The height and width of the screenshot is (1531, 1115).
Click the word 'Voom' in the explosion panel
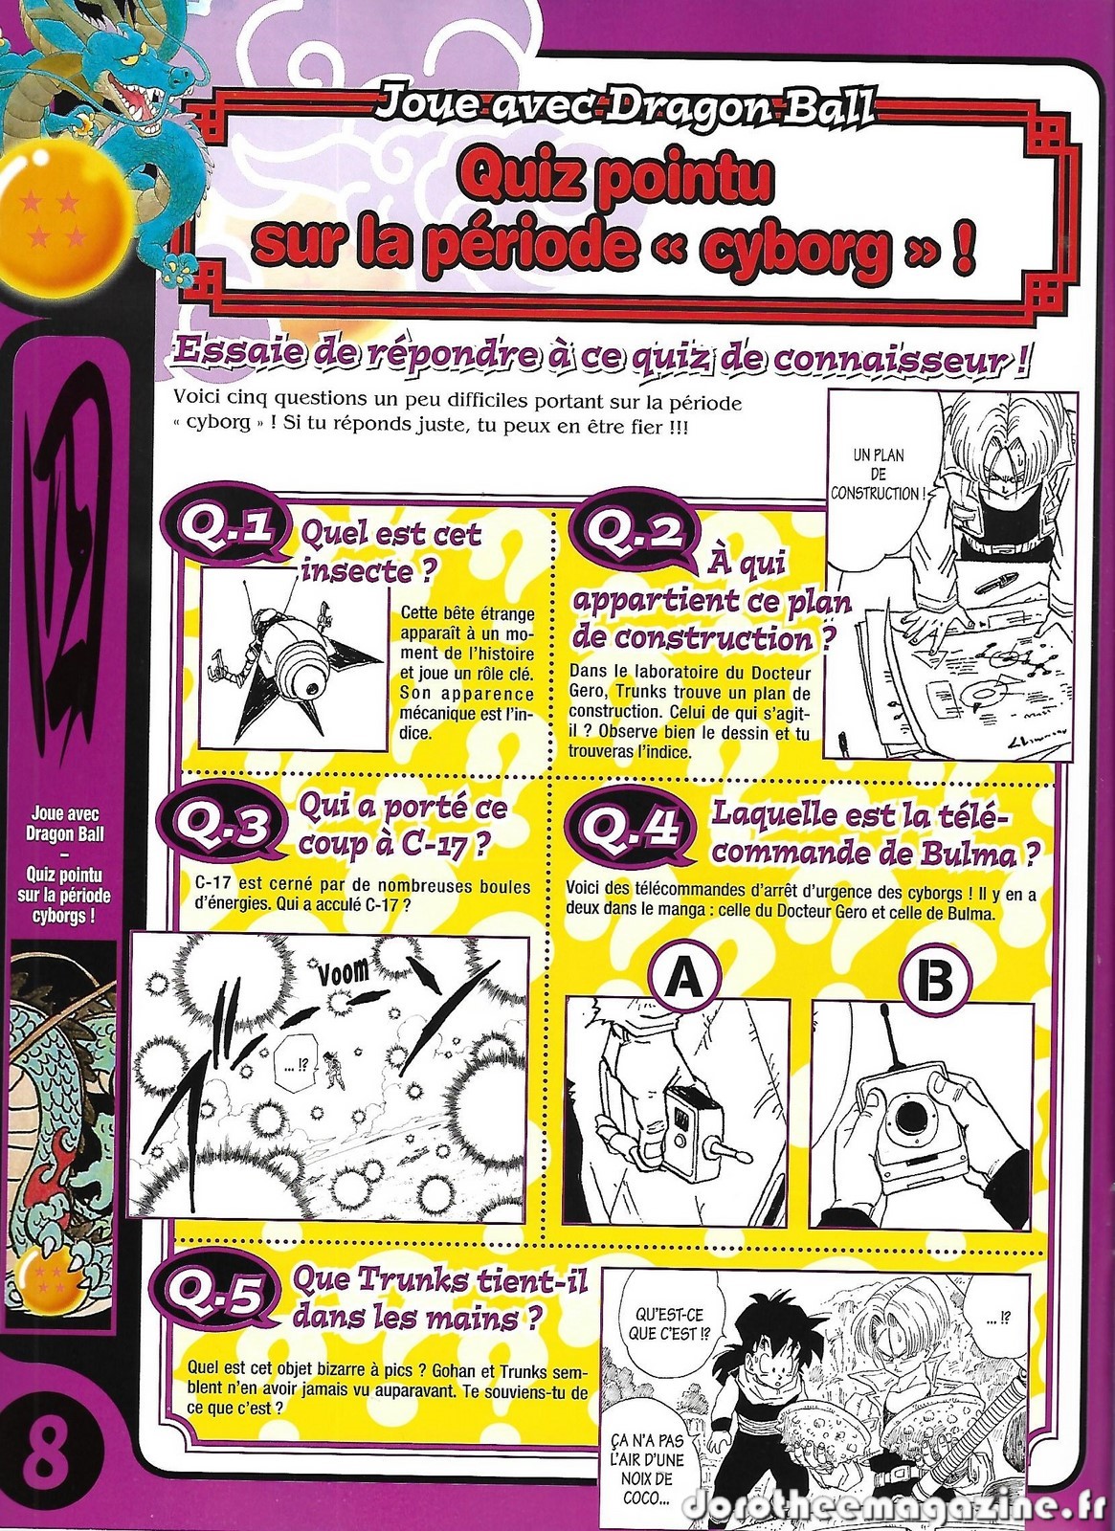pos(344,971)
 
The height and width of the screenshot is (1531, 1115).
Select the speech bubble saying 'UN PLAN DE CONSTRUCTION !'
pos(878,474)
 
